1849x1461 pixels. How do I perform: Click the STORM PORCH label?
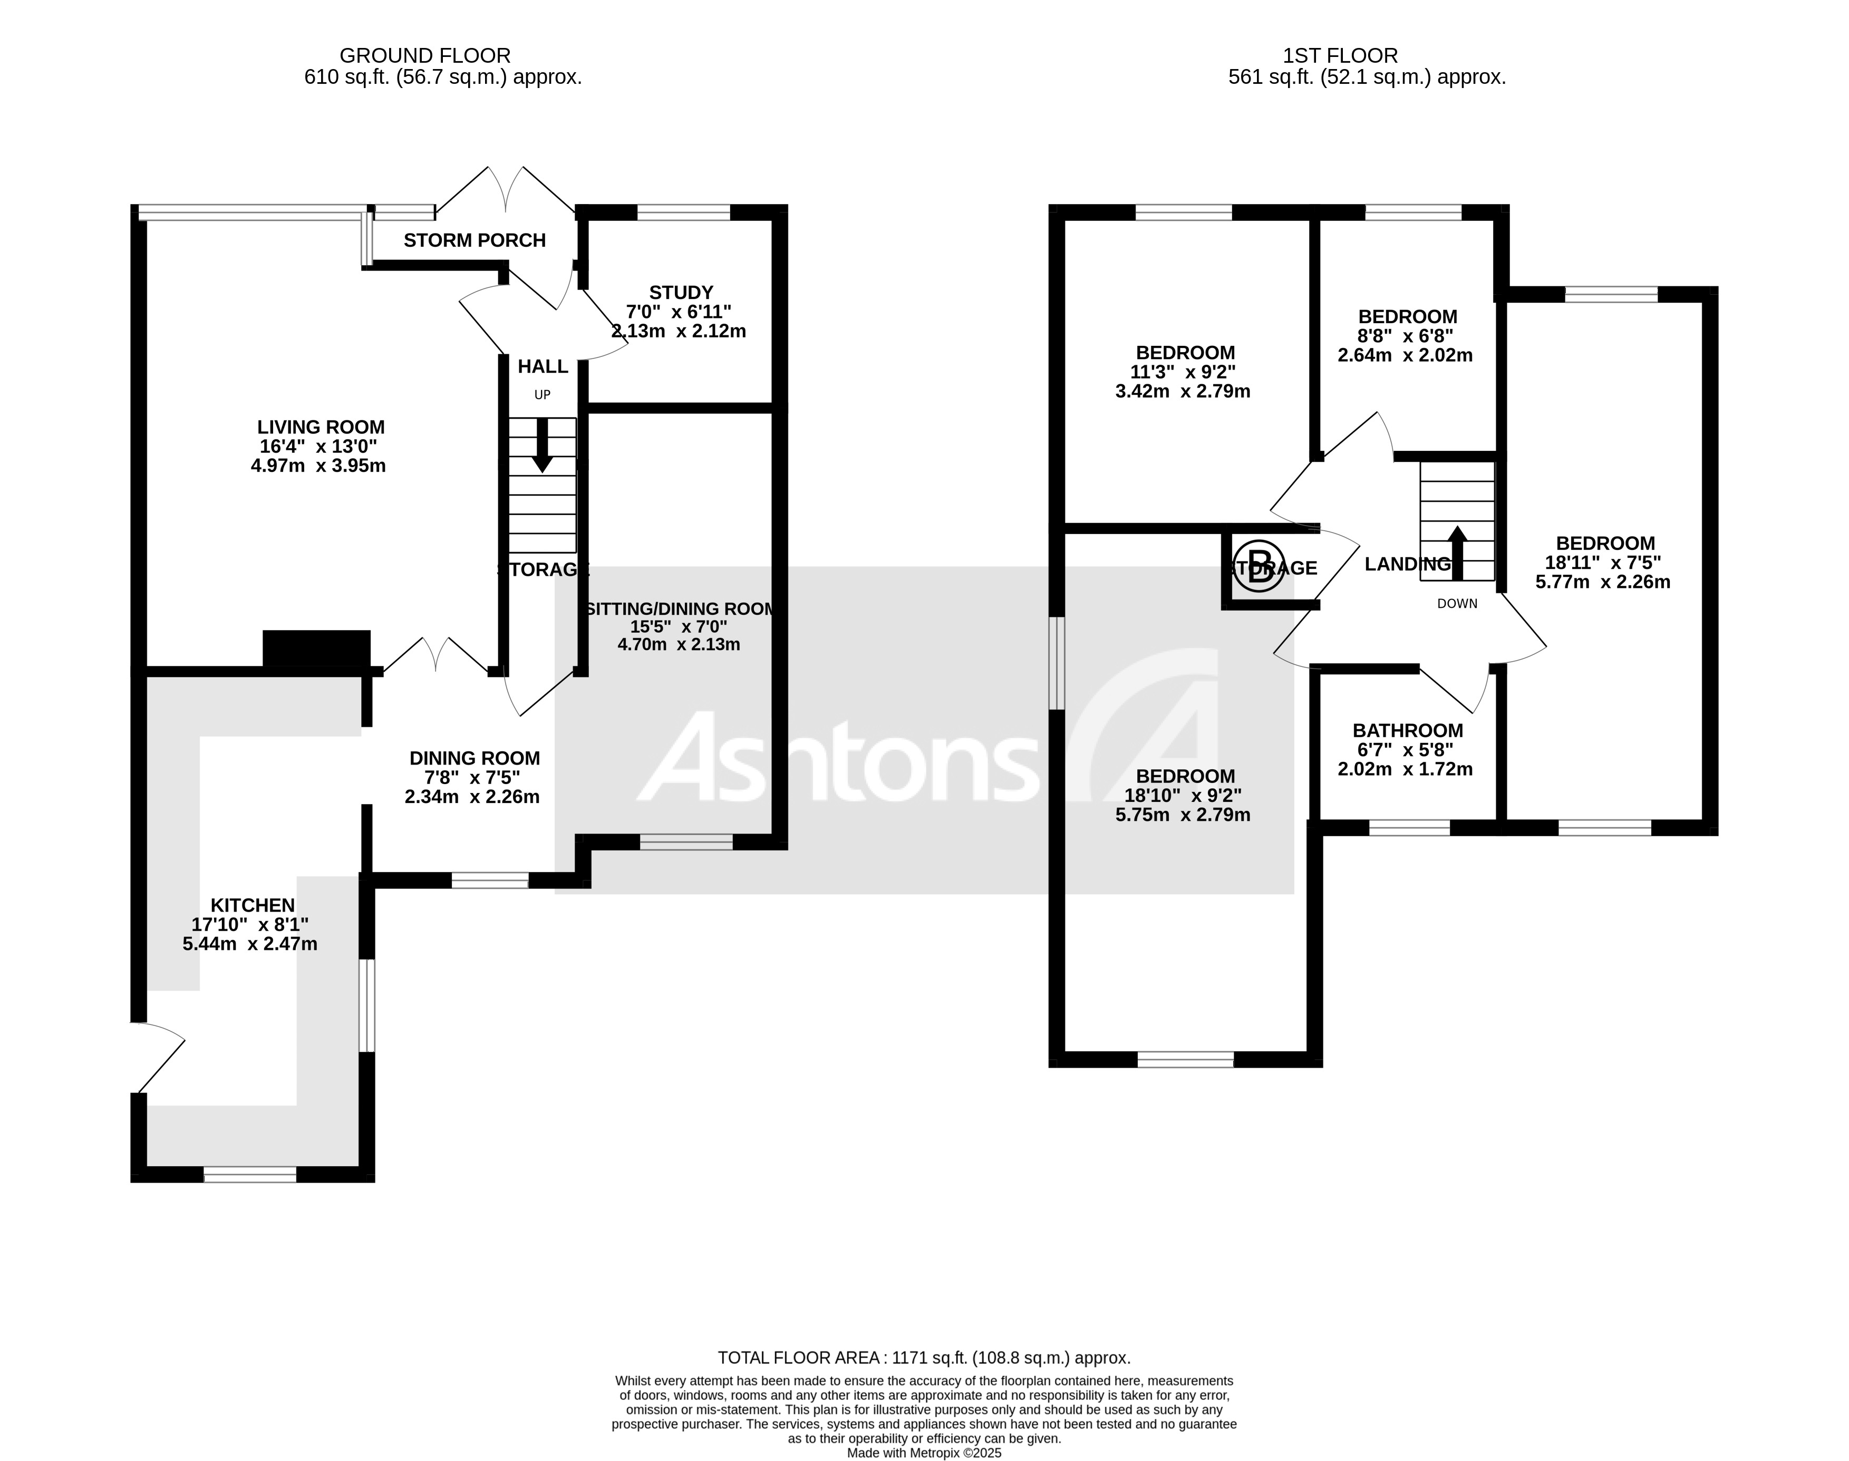(475, 240)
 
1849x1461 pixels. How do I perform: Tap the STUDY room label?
(681, 293)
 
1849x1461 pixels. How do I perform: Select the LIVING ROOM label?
(321, 427)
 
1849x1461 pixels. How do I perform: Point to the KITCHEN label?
(253, 905)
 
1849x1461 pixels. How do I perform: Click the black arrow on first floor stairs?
(1456, 551)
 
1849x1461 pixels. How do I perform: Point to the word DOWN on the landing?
(1456, 604)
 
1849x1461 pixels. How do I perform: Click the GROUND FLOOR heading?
(425, 55)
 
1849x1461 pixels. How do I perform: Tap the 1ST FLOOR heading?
(1340, 55)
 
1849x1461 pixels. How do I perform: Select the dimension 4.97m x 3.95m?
(318, 466)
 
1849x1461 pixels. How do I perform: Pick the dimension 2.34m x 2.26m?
(472, 797)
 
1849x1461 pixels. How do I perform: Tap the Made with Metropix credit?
(924, 1453)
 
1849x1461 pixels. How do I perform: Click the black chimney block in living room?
(316, 649)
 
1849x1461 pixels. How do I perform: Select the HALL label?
(542, 366)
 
